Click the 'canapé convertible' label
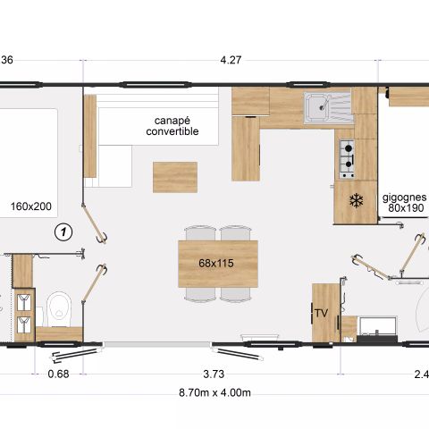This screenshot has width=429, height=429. click(172, 126)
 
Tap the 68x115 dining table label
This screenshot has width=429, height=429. click(218, 264)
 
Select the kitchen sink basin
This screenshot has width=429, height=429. click(317, 109)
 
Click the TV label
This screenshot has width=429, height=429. click(321, 313)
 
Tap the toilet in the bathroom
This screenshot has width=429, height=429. click(59, 307)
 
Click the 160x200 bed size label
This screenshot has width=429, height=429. click(31, 206)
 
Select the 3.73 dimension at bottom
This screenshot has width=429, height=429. click(214, 373)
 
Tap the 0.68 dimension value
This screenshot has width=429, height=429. click(60, 373)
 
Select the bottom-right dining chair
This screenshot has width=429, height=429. click(235, 293)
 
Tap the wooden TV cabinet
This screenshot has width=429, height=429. click(322, 312)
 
